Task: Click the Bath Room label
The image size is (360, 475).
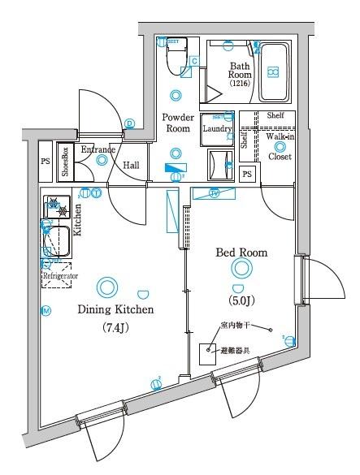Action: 240,71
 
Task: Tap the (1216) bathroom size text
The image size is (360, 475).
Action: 240,84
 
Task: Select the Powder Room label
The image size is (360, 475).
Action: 178,123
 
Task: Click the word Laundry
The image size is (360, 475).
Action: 218,128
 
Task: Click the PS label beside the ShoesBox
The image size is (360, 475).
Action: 45,161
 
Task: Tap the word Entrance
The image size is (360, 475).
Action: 98,150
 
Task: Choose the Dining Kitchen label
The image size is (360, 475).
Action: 115,309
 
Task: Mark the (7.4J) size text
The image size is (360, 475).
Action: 115,327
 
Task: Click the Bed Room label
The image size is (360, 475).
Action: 241,253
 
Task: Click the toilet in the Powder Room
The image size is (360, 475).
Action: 173,57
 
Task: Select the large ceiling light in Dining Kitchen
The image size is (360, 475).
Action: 106,287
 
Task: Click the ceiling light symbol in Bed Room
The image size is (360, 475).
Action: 240,269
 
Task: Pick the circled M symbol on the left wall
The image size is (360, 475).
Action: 46,311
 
